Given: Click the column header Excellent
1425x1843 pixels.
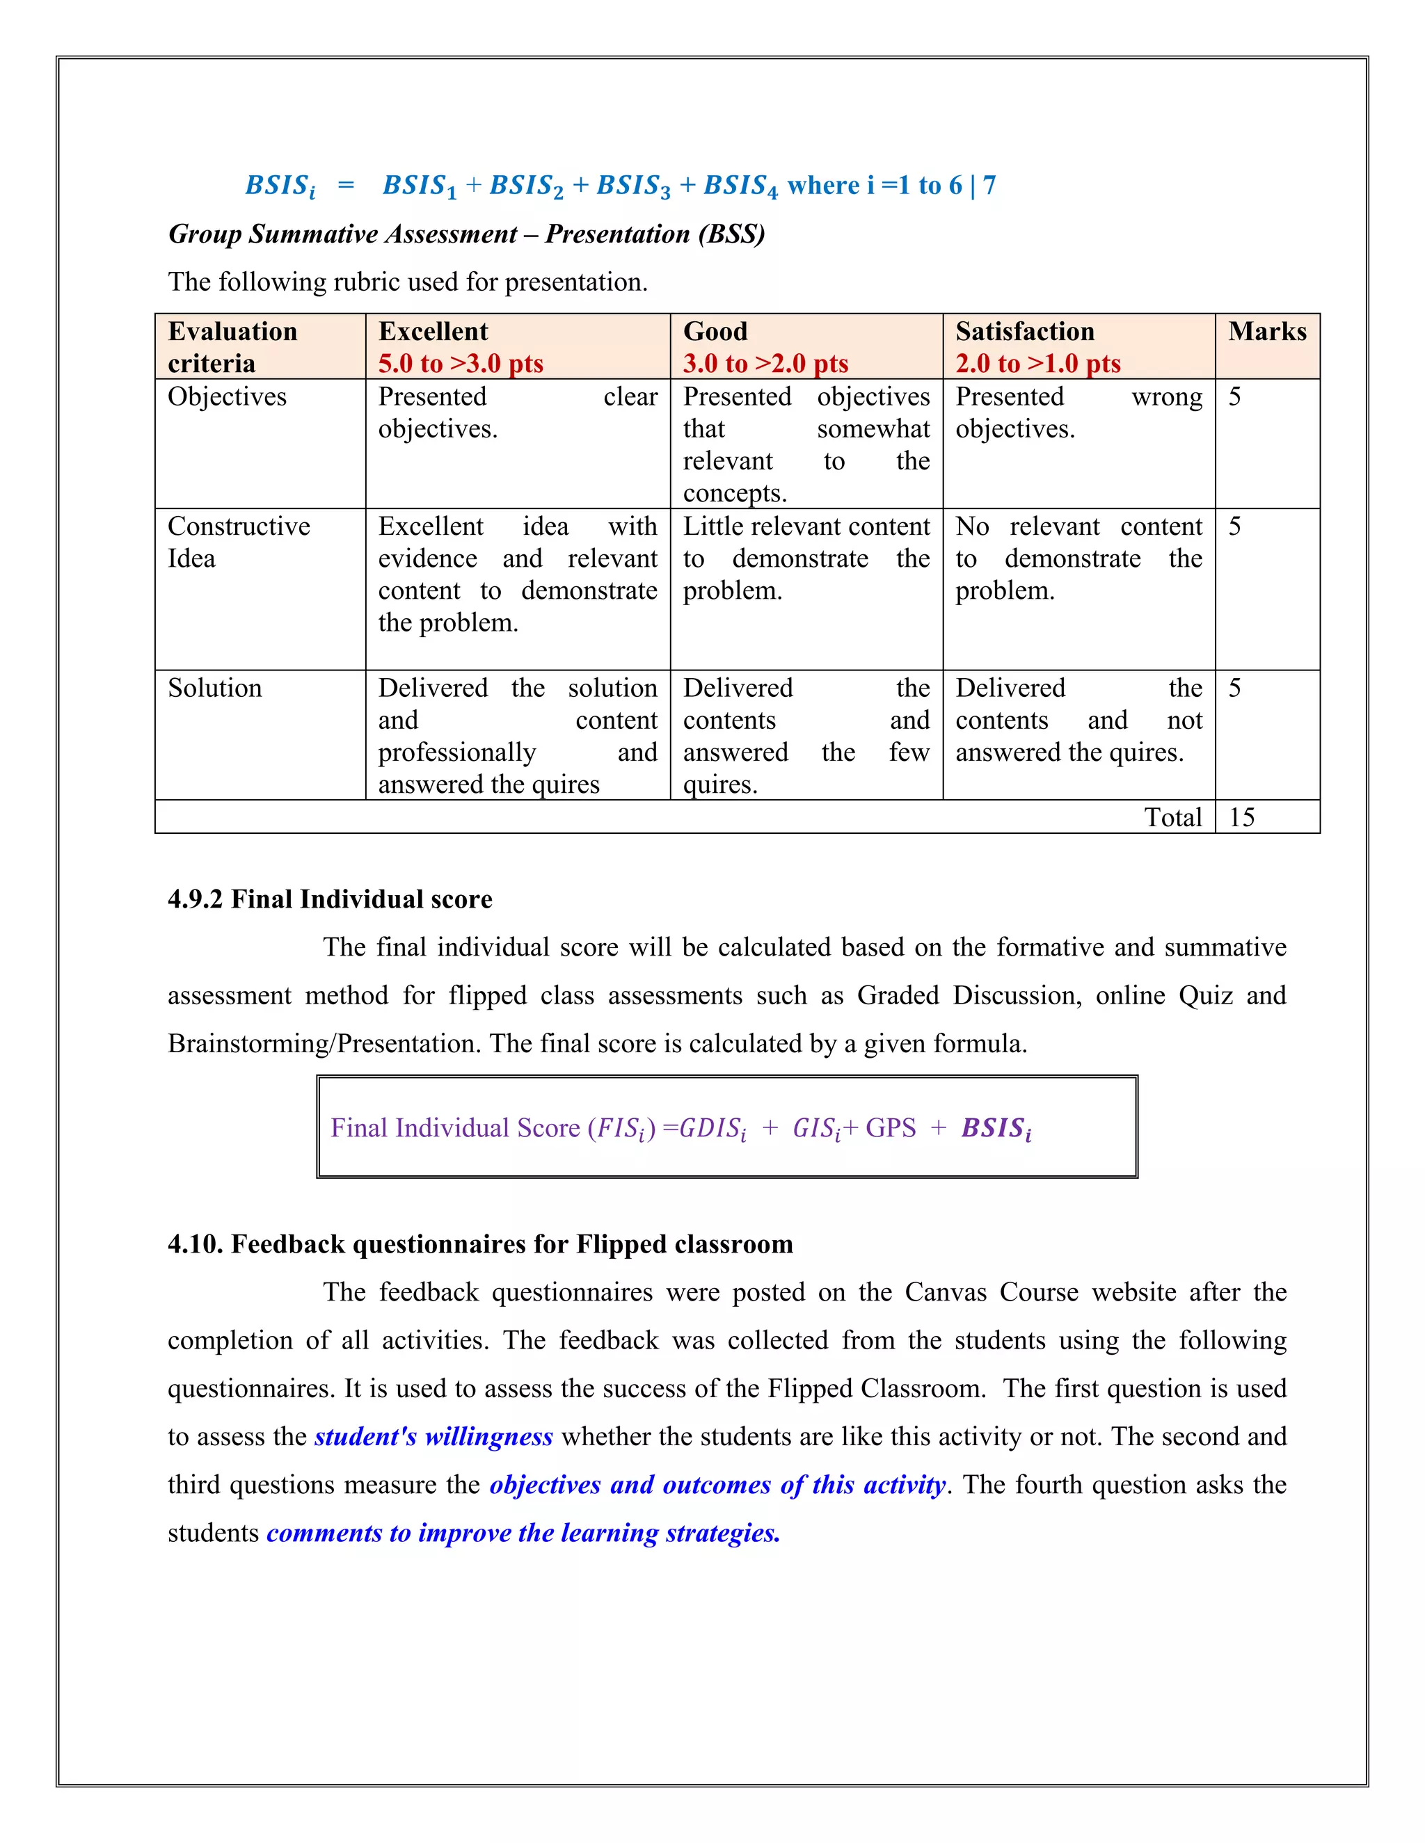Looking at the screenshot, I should [x=432, y=331].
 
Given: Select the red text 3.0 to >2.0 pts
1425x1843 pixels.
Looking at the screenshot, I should [x=765, y=364].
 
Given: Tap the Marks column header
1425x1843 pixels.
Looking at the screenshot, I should [x=1266, y=331].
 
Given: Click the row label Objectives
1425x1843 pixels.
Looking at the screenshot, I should [x=227, y=396].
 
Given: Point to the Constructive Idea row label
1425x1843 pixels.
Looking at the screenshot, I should [x=238, y=542].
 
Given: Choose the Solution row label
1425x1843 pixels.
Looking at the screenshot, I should [x=214, y=688].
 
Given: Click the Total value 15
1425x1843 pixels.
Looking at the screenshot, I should [x=1241, y=817].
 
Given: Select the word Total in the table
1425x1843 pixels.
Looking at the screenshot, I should [x=1172, y=817].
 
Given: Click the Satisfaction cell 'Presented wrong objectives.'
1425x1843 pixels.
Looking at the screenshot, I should [x=1078, y=412].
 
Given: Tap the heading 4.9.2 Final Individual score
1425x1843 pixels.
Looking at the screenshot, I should [x=329, y=899].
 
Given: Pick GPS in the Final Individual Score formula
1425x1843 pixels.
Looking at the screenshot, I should [x=890, y=1128].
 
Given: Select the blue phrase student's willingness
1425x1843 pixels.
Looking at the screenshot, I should [x=433, y=1436].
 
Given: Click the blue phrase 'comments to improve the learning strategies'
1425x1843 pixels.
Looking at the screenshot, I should [x=523, y=1532].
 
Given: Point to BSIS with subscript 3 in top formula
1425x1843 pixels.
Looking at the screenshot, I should [x=632, y=186].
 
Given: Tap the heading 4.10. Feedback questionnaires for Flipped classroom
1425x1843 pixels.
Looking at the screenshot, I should [x=479, y=1244].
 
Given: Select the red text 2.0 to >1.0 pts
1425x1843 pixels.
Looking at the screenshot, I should [x=1037, y=364].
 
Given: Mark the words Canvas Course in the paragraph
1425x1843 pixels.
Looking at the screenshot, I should [x=991, y=1292].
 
